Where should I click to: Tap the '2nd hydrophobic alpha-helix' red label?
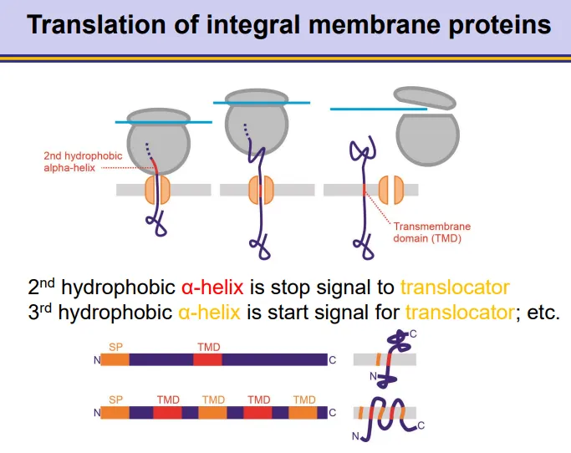(83, 161)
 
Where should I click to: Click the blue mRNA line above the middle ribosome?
(261, 102)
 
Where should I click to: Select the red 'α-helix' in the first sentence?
(212, 288)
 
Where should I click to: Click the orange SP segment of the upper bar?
(116, 359)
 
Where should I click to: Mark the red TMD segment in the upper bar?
(207, 359)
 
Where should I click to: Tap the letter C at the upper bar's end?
(333, 360)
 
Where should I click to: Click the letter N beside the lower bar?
(97, 413)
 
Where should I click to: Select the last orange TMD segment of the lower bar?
(305, 412)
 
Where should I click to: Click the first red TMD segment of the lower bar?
(167, 412)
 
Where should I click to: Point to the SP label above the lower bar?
(115, 400)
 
